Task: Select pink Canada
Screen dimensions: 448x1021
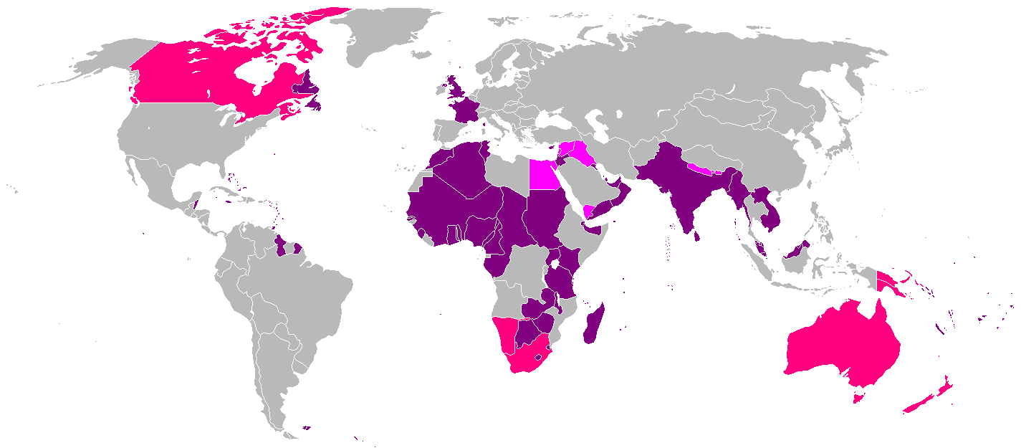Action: [x=193, y=79]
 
